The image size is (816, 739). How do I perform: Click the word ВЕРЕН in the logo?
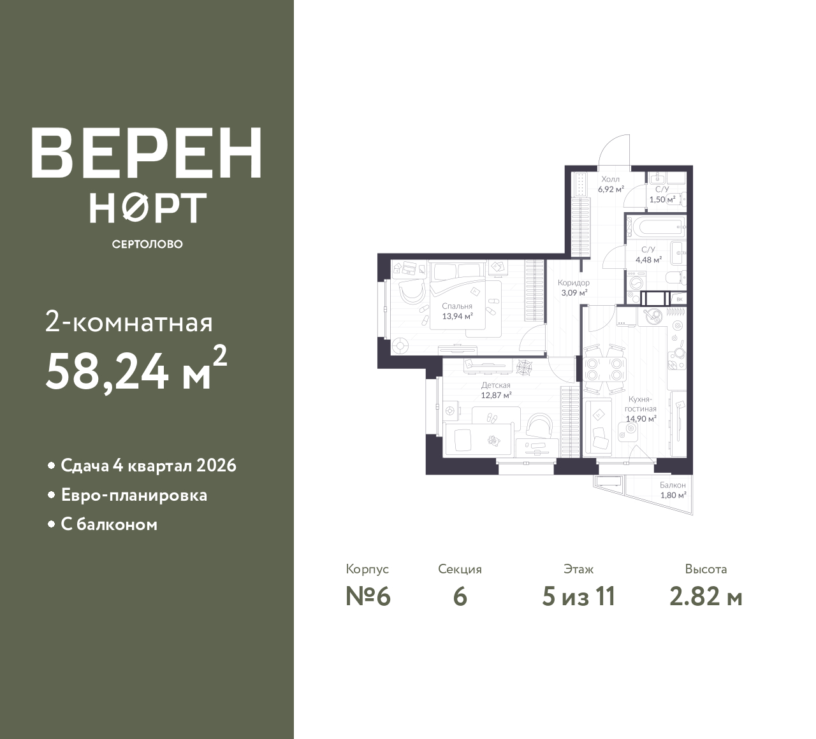[x=147, y=153]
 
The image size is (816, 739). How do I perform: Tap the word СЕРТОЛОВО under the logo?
[x=147, y=244]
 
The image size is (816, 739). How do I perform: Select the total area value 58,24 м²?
[x=136, y=369]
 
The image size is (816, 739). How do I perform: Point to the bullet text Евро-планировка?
[x=134, y=495]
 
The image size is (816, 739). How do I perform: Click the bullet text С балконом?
[x=109, y=524]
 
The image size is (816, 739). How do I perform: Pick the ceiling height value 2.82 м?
[x=706, y=597]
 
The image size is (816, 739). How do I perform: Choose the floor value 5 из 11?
[x=578, y=597]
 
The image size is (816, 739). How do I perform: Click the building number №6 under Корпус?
[x=368, y=597]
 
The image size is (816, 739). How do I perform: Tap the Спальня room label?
[x=457, y=306]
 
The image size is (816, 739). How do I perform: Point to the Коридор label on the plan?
[x=574, y=282]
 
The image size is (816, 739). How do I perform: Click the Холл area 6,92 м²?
[x=611, y=189]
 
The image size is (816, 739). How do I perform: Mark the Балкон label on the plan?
[x=673, y=485]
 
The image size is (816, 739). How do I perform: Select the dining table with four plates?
[x=604, y=369]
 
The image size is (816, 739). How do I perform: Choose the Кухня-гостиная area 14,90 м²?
[x=641, y=419]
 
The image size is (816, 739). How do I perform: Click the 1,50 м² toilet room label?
[x=662, y=199]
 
